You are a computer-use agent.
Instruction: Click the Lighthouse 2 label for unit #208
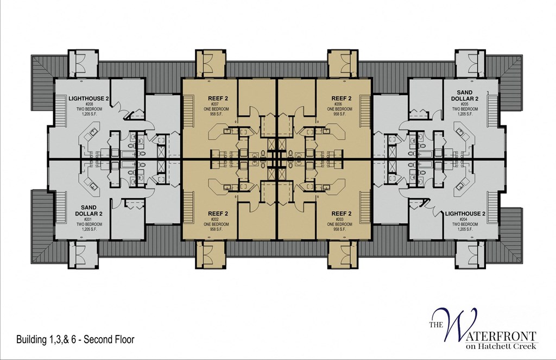[89, 98]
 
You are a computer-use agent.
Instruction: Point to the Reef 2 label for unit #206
[342, 98]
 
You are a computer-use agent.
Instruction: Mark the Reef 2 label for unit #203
[342, 213]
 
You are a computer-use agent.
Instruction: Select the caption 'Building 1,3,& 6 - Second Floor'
[75, 340]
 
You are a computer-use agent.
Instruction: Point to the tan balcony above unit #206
[343, 64]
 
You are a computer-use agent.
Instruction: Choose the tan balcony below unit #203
[343, 255]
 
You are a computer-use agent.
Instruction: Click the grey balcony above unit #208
[83, 64]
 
